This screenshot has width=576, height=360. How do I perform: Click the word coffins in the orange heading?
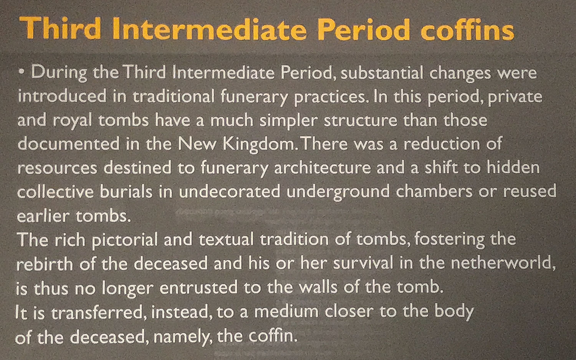pos(467,28)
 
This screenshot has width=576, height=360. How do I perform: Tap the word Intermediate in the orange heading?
pos(209,29)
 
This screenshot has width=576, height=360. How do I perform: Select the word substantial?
pos(382,73)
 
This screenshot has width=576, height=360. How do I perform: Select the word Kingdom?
pos(259,144)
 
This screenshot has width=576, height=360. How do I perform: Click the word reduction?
pos(442,144)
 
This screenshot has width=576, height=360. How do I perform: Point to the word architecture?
pos(323,168)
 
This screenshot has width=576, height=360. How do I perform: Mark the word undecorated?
pos(230,192)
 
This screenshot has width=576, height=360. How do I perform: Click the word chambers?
pos(434,191)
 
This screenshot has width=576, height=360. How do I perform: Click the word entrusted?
pos(199,287)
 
